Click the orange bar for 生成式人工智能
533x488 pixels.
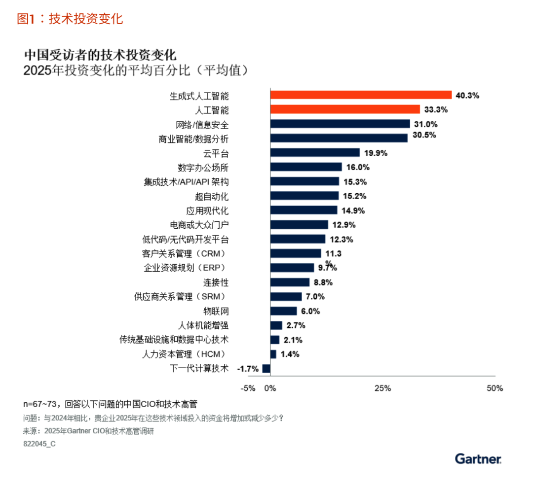click(361, 95)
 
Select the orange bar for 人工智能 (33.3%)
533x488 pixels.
click(345, 109)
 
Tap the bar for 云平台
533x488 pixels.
click(315, 153)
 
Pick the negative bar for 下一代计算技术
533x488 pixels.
click(266, 368)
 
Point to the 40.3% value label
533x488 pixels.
click(467, 95)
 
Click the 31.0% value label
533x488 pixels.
click(426, 124)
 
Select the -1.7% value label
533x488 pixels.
click(248, 369)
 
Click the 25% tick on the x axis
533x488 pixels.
click(382, 388)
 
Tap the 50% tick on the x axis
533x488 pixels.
click(495, 388)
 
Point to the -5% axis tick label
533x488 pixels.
click(248, 388)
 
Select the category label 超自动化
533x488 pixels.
click(212, 197)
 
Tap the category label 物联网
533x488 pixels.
click(216, 312)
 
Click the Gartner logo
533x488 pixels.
click(478, 459)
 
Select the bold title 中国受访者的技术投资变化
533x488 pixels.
click(100, 54)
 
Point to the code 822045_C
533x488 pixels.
click(39, 444)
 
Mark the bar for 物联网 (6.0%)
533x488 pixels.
click(284, 311)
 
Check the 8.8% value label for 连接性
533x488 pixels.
click(323, 282)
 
